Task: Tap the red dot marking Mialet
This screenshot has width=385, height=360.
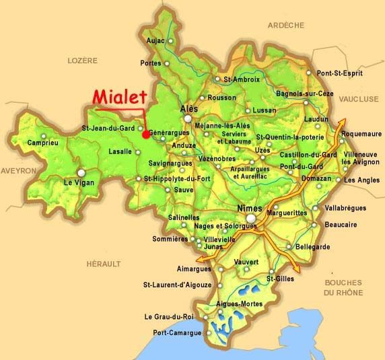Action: (145, 134)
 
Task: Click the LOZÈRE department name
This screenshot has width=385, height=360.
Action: (83, 61)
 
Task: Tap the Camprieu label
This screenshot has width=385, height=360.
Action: (42, 143)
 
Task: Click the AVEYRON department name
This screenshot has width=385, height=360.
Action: (17, 171)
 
